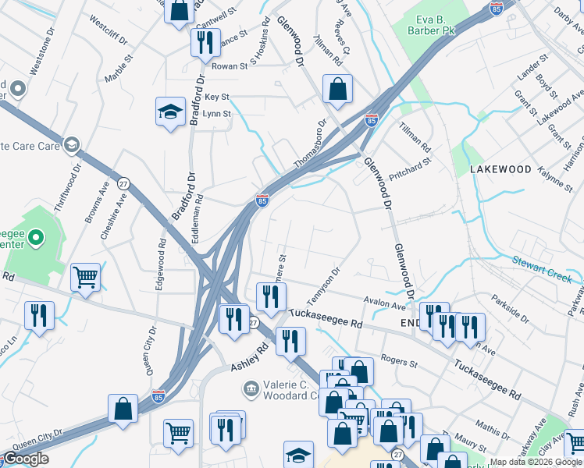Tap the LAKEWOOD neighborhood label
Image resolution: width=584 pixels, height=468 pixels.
[500, 169]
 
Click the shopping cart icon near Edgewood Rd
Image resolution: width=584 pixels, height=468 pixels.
[85, 276]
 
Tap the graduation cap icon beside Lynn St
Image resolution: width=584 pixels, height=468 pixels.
[170, 112]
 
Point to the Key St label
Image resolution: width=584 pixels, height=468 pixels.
[216, 97]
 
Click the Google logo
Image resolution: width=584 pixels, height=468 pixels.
[26, 459]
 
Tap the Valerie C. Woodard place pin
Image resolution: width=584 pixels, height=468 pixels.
[251, 388]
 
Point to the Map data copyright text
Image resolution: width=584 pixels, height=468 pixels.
[536, 462]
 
